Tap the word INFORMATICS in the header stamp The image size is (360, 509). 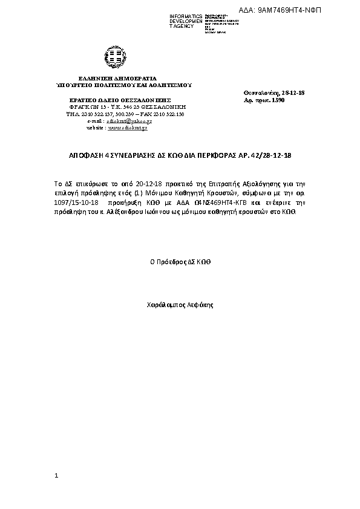click(x=185, y=15)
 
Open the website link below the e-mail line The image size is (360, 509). click(x=128, y=128)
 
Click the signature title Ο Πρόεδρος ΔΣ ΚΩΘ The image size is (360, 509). click(x=180, y=262)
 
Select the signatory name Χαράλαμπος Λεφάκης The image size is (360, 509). click(x=180, y=305)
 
